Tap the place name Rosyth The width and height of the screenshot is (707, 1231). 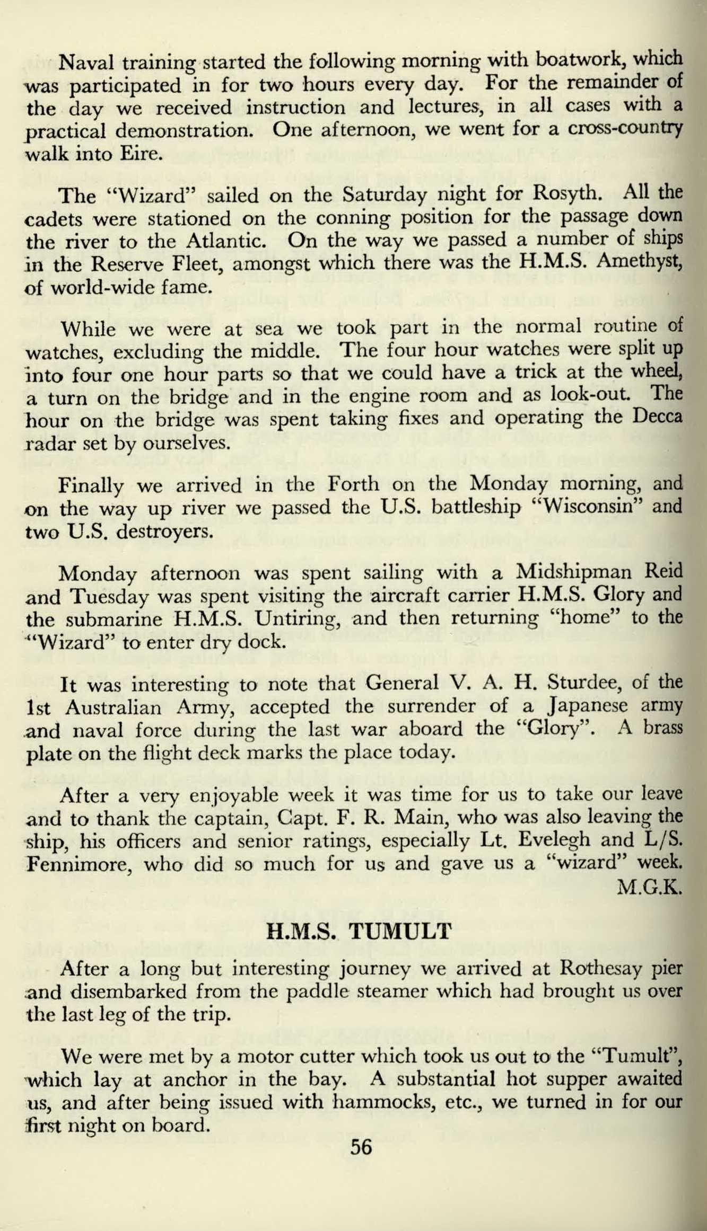point(565,195)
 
